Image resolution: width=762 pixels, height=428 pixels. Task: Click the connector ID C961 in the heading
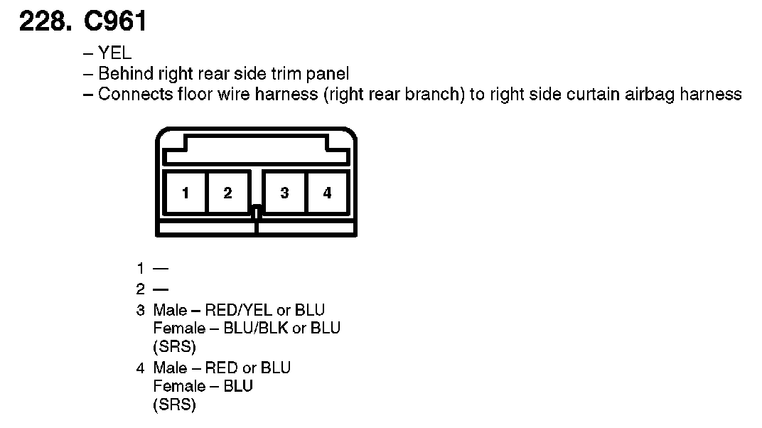[115, 22]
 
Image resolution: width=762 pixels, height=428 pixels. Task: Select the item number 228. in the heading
[45, 22]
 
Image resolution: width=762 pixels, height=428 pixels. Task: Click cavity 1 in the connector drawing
[185, 193]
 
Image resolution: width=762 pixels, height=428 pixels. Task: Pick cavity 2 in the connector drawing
[227, 193]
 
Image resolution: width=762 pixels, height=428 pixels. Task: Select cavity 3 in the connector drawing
[284, 193]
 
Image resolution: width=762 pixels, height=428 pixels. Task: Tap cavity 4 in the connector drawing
[327, 193]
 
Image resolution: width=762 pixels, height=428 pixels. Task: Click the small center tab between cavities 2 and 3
[257, 211]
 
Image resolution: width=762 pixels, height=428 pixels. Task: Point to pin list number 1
[141, 268]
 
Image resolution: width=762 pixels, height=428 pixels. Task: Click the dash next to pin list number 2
[161, 289]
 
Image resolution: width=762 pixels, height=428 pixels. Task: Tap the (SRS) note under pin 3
[174, 347]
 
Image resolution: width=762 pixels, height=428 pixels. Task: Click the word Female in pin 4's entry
[178, 386]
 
